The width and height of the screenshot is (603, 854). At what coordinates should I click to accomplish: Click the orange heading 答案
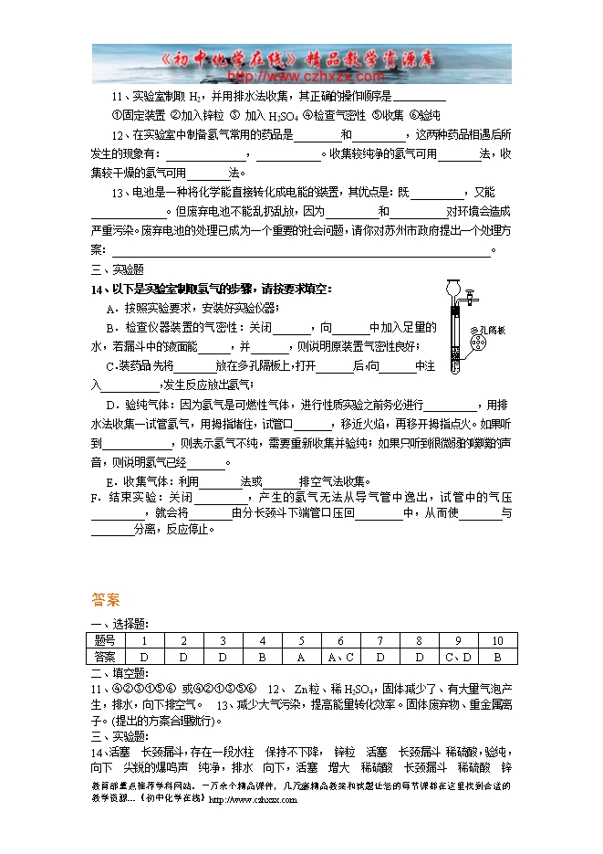(106, 600)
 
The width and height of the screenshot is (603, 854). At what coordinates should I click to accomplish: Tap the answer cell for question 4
(262, 656)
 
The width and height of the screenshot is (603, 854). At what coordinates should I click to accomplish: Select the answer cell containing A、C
(339, 656)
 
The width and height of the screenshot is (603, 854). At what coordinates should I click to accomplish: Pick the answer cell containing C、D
(458, 656)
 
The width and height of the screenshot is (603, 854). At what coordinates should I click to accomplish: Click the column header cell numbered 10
(497, 641)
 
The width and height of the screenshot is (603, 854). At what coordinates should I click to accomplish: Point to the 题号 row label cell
(105, 641)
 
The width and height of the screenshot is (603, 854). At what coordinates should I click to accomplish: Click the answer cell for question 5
(301, 656)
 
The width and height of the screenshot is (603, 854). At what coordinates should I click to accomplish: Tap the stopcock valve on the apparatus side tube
(472, 298)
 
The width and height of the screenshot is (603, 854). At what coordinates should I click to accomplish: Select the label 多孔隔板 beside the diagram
(487, 330)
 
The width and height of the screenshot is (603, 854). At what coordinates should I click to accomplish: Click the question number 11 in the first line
(117, 96)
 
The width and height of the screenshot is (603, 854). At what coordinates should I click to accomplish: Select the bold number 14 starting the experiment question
(98, 289)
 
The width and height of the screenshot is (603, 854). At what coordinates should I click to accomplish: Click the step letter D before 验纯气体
(110, 404)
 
